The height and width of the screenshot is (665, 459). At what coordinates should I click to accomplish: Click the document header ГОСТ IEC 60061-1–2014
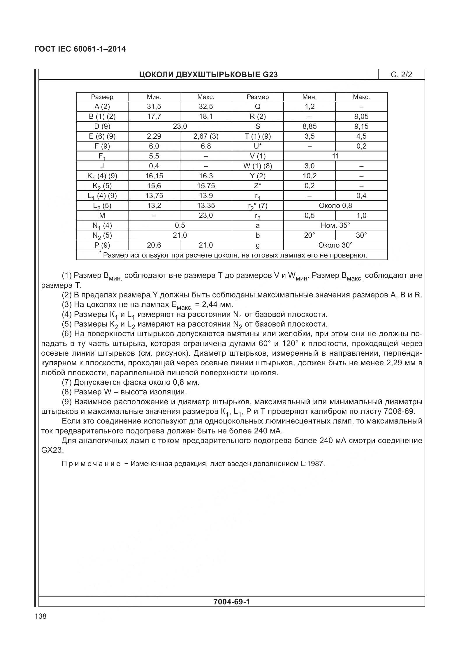point(80,49)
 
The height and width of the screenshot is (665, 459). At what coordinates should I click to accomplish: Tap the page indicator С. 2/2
point(401,75)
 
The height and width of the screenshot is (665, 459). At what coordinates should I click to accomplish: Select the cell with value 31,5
point(154,107)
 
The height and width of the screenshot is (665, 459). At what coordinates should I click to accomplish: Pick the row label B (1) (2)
point(102,117)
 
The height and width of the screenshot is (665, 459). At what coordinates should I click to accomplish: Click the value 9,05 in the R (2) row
point(361,117)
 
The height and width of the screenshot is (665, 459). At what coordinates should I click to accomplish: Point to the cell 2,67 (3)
point(206,136)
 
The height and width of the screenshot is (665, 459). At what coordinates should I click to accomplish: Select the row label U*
point(258,146)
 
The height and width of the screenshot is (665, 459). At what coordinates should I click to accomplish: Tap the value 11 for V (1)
point(335,156)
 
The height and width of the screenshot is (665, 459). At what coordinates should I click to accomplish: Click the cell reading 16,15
point(154,176)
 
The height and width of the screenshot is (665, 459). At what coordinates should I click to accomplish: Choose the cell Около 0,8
point(335,206)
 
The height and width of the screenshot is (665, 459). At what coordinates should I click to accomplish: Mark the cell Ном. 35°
point(335,225)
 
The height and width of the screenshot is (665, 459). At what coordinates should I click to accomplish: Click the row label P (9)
point(102,245)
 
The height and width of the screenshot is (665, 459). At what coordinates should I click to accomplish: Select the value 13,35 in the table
point(206,206)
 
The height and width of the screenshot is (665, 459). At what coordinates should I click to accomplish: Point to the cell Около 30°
point(335,245)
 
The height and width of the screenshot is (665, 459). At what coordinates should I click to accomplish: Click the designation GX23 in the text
point(52,450)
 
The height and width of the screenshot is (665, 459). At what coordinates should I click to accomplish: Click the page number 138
point(41,616)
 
